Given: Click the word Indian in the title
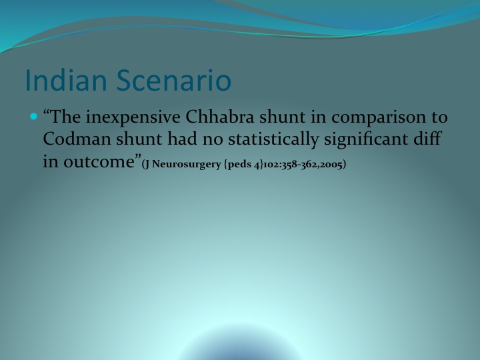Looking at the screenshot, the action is [66, 80].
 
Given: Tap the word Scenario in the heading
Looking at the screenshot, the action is [174, 80].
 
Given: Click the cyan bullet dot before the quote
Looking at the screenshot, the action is [34, 116].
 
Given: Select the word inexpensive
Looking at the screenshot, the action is [133, 117].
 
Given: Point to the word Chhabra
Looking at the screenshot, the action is [220, 117].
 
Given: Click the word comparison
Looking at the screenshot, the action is [379, 118].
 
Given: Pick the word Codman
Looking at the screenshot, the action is [77, 139].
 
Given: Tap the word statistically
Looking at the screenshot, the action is [273, 139].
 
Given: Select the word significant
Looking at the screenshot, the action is [366, 139].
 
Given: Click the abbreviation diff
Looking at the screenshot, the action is [427, 139].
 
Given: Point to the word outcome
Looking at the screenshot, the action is [99, 161].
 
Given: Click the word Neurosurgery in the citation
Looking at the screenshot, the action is [187, 165].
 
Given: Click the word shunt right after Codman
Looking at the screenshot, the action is [139, 139].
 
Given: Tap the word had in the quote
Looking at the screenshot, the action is [182, 139].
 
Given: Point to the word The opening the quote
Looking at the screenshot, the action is [65, 117].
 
